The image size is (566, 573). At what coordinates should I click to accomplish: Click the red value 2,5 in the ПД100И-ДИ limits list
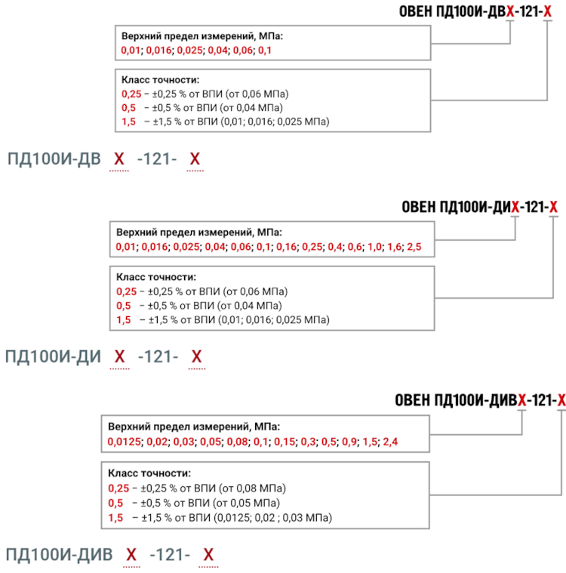(414, 247)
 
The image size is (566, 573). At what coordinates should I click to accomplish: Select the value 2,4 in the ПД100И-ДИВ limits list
(390, 442)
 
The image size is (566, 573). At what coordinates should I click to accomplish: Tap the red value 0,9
(349, 442)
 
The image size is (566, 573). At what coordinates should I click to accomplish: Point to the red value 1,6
(394, 247)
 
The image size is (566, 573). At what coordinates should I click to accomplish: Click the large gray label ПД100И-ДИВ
(59, 555)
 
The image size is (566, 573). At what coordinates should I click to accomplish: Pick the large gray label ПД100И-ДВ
(54, 159)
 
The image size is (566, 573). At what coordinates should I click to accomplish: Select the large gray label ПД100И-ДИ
(53, 356)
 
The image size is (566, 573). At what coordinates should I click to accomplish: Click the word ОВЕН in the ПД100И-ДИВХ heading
(413, 400)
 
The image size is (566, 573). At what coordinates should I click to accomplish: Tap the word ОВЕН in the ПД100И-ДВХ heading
(416, 11)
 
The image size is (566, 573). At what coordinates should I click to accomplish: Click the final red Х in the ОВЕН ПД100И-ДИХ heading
(553, 207)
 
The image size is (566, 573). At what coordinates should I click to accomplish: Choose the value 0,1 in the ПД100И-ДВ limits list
(265, 50)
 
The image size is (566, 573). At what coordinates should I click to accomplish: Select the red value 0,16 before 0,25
(286, 247)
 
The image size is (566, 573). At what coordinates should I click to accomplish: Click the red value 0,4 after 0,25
(335, 247)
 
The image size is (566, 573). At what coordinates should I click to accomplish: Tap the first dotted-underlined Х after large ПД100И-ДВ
(119, 159)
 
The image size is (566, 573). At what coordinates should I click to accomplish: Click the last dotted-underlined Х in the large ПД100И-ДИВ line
(208, 555)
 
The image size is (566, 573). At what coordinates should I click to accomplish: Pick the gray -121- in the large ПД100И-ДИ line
(158, 356)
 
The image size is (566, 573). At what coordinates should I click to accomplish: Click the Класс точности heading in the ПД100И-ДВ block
(160, 80)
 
